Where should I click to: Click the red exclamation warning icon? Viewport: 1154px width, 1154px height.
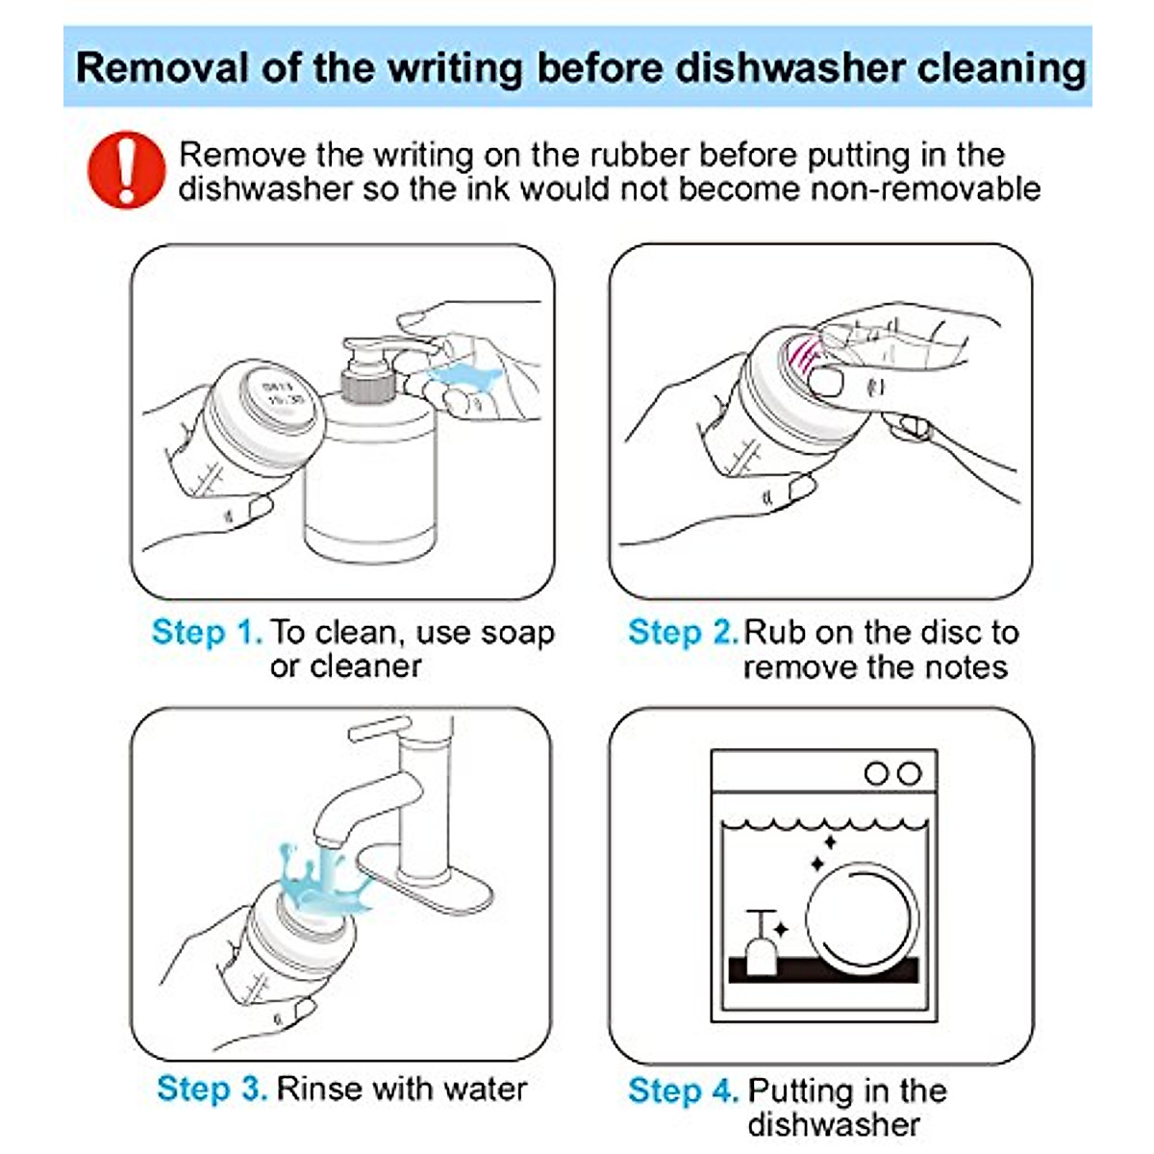(x=126, y=170)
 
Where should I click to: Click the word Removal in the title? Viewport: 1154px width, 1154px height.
(x=162, y=67)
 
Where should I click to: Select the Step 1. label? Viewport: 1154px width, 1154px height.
(x=207, y=632)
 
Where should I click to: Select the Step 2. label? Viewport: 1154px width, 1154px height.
(x=684, y=632)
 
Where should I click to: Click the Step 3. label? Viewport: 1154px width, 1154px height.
(x=212, y=1088)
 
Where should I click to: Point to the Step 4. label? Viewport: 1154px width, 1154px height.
(x=684, y=1091)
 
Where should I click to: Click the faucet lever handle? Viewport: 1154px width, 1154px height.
(x=380, y=728)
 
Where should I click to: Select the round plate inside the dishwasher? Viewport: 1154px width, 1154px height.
(x=863, y=920)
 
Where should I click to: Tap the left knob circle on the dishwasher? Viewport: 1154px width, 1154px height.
(x=876, y=774)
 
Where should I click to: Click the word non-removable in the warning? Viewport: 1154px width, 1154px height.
(x=925, y=189)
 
